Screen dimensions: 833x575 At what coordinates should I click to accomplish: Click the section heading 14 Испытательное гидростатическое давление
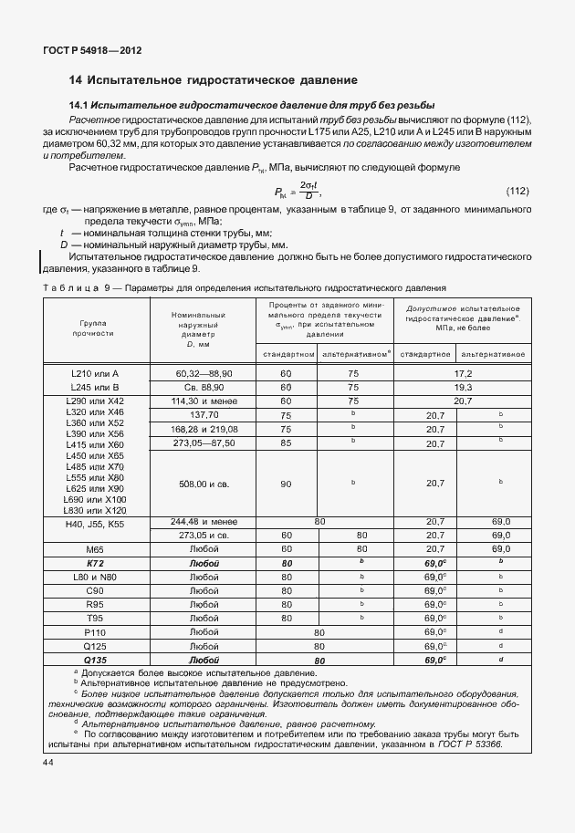(213, 80)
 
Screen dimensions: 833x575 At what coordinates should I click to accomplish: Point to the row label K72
(96, 564)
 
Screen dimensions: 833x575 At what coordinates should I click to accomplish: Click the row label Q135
(96, 659)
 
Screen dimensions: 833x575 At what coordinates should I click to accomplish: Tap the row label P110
(96, 631)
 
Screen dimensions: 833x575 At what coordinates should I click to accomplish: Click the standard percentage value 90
(286, 484)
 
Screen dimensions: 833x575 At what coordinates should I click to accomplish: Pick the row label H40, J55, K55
(96, 524)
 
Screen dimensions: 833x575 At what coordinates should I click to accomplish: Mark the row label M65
(96, 550)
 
